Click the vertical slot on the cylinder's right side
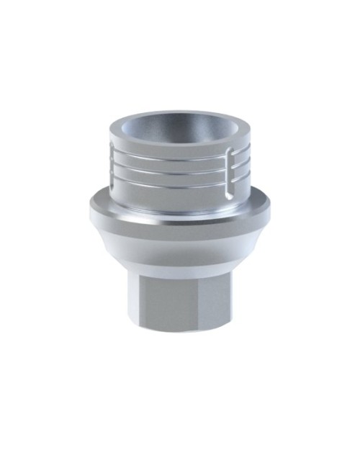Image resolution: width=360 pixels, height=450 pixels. pos(230,173)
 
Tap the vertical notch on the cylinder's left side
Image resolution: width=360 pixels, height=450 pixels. pos(116,163)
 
